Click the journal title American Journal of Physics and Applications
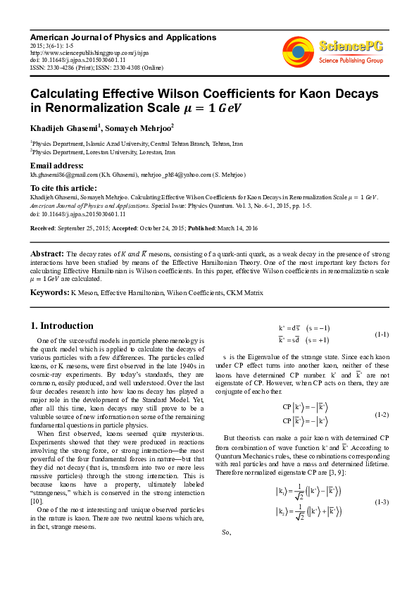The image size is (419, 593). click(123, 37)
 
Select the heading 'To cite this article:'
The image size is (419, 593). click(64, 188)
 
